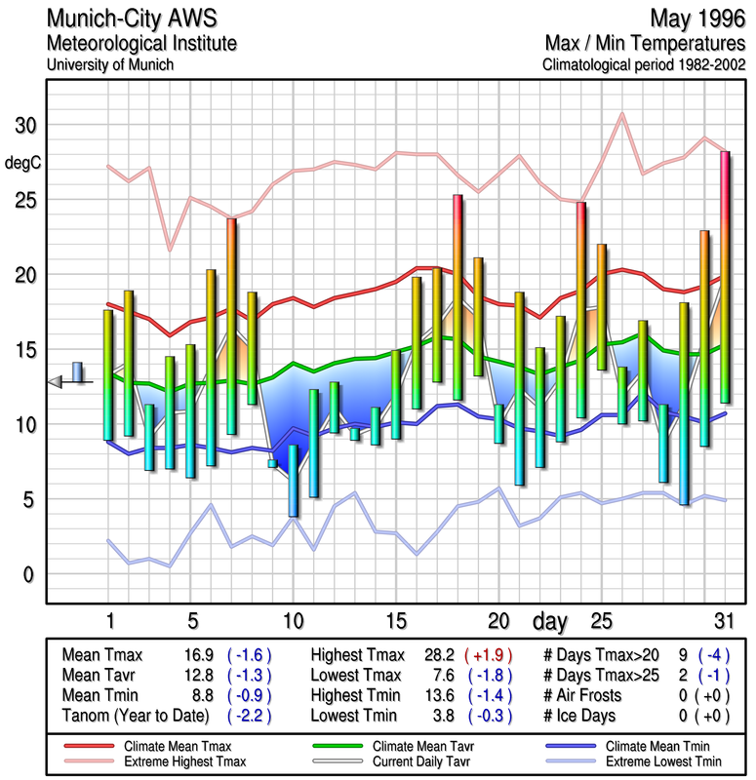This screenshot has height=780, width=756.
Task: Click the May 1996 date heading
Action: coord(694,19)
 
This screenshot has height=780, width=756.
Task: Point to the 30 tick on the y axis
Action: coord(24,126)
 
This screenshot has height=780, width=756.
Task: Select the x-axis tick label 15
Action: coord(395,620)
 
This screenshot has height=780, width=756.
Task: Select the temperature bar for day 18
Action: coord(457,297)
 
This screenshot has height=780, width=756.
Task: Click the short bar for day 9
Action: coord(272,464)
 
